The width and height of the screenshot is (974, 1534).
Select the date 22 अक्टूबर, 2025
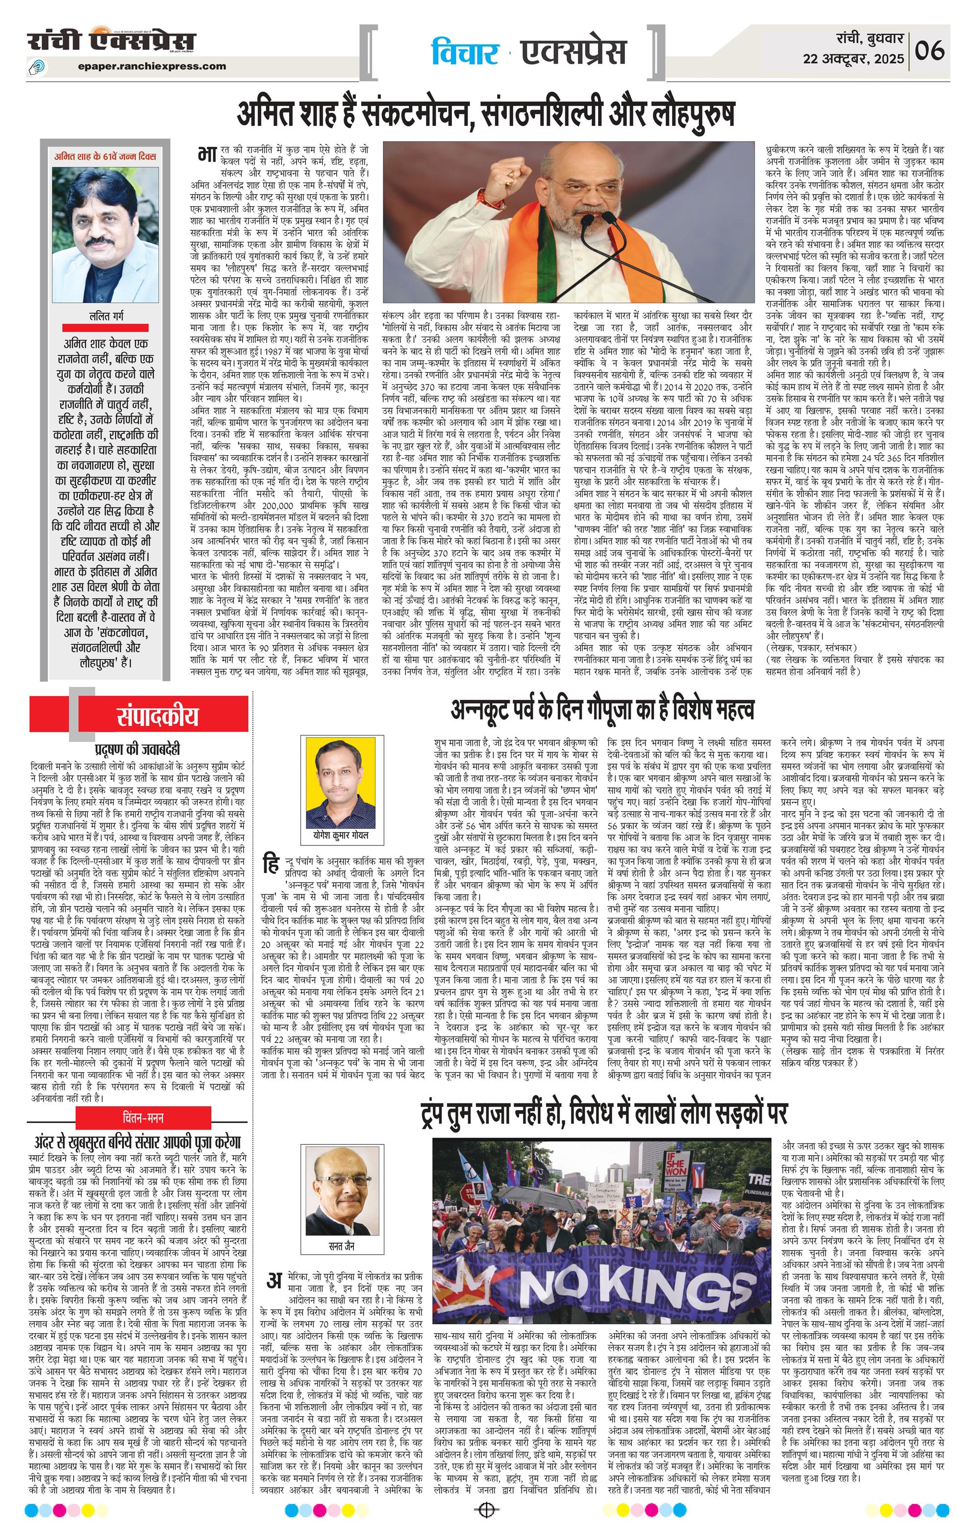tap(853, 59)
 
